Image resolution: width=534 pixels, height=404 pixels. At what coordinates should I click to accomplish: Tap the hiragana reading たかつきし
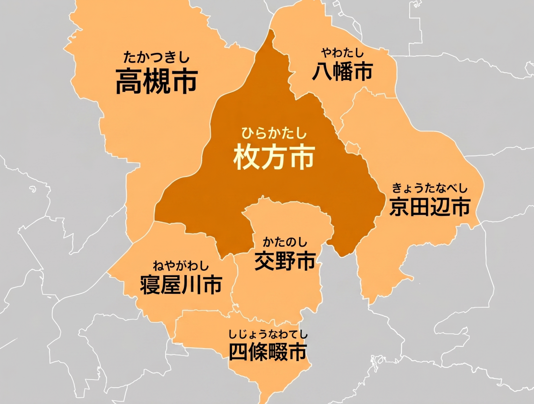[x=157, y=58]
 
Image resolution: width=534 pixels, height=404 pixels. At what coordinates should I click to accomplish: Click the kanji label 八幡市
[x=342, y=72]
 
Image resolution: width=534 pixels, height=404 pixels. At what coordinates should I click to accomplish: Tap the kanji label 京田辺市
[x=429, y=207]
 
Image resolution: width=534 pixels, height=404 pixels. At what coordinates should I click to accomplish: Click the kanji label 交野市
[x=285, y=261]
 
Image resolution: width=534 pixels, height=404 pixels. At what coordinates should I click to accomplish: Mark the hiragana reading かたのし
[x=285, y=241]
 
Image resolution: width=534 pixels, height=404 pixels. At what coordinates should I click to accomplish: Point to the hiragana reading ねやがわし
[x=181, y=265]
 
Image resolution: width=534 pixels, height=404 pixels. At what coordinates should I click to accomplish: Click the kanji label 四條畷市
[x=267, y=353]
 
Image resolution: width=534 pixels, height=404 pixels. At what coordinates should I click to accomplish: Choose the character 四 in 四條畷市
[x=239, y=353]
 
